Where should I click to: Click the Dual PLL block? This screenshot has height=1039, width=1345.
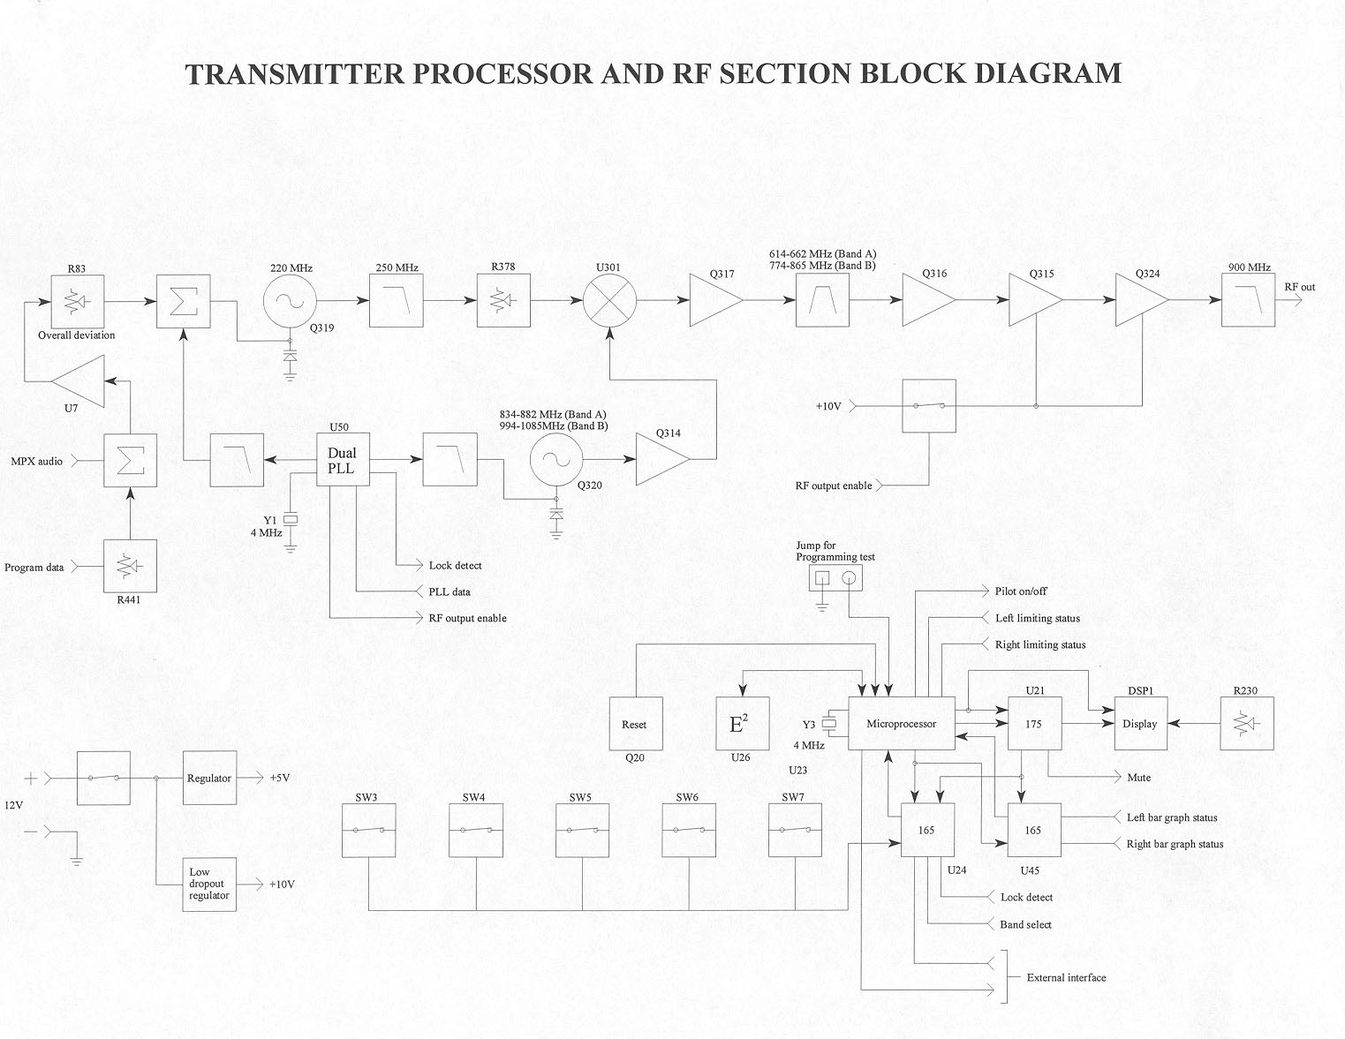coord(342,460)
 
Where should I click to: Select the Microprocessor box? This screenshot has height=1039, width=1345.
coord(901,724)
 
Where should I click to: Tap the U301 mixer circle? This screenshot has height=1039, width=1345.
coord(609,300)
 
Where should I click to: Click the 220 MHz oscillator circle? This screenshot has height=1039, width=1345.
coord(289,300)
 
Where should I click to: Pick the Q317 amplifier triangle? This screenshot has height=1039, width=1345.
coord(714,300)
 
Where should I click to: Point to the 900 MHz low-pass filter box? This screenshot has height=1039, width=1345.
coord(1248,300)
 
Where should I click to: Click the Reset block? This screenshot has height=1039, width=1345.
coord(635,724)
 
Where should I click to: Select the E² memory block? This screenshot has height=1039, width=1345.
coord(741,724)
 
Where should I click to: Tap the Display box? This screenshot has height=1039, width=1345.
coord(1140,724)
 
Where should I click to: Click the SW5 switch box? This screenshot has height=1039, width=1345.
coord(582,830)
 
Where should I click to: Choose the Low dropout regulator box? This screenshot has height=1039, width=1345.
coord(209,884)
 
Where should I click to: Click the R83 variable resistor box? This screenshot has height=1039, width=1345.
coord(77,300)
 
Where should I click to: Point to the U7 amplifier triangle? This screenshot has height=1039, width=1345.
coord(82,381)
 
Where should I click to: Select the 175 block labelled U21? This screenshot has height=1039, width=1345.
coord(1034,724)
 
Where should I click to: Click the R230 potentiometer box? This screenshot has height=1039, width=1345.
coord(1247,724)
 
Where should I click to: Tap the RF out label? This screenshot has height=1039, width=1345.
coord(1300,287)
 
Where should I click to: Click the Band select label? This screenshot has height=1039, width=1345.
coord(1025,924)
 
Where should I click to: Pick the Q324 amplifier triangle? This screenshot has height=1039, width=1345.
coord(1139,300)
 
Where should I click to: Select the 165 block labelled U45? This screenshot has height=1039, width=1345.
coord(1034,830)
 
